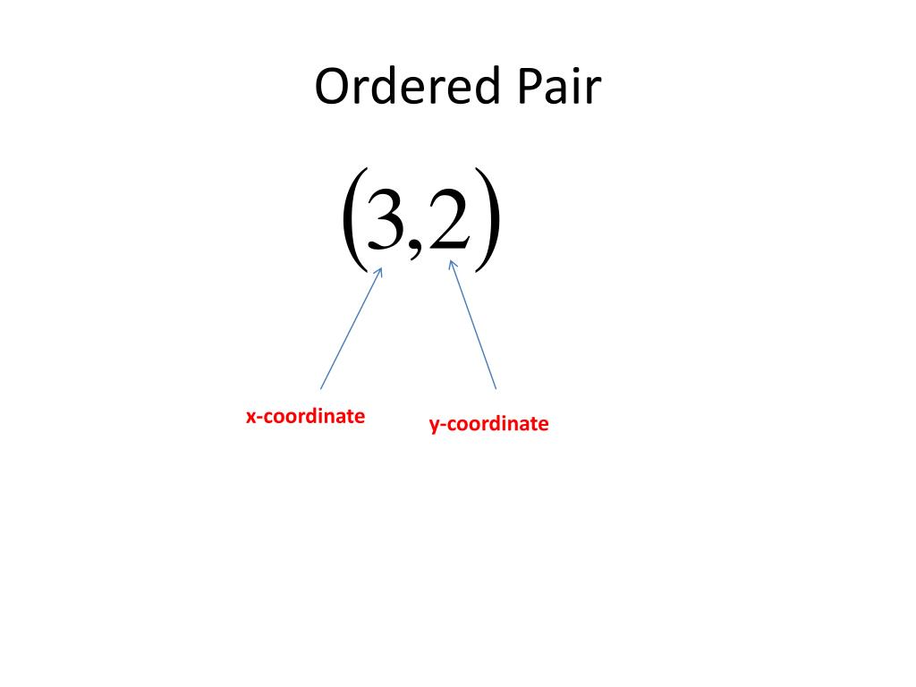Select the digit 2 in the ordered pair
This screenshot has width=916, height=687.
448,221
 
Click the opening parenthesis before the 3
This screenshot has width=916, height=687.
352,219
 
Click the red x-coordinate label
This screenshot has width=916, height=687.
305,416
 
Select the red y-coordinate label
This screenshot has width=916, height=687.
488,424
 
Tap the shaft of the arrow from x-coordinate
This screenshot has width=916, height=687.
351,329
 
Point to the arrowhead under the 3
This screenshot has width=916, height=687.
379,272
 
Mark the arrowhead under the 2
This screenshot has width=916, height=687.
453,264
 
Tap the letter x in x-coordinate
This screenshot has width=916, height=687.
251,417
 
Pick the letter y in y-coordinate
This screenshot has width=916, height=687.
434,426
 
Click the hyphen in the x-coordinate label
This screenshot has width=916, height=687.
260,418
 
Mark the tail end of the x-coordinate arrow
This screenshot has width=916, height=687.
321,388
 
